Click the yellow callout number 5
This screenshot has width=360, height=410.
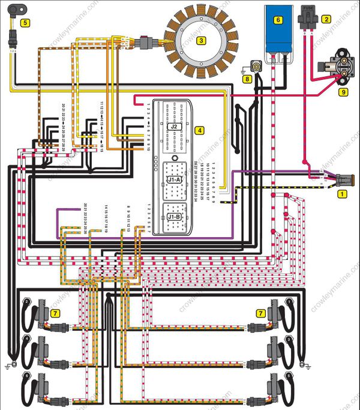[x=25, y=23]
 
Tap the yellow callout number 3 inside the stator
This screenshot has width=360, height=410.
[x=202, y=41]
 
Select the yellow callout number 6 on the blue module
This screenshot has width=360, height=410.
[x=278, y=19]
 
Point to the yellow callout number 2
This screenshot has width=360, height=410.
[x=326, y=19]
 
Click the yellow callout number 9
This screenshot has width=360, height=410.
[x=343, y=92]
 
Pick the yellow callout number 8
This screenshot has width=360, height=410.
[x=247, y=78]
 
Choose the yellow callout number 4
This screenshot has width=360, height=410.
[x=199, y=130]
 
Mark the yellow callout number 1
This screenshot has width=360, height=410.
[x=343, y=194]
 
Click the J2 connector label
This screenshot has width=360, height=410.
[x=174, y=127]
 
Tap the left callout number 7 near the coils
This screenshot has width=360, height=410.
[x=55, y=313]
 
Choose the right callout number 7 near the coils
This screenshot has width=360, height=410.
[x=261, y=313]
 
